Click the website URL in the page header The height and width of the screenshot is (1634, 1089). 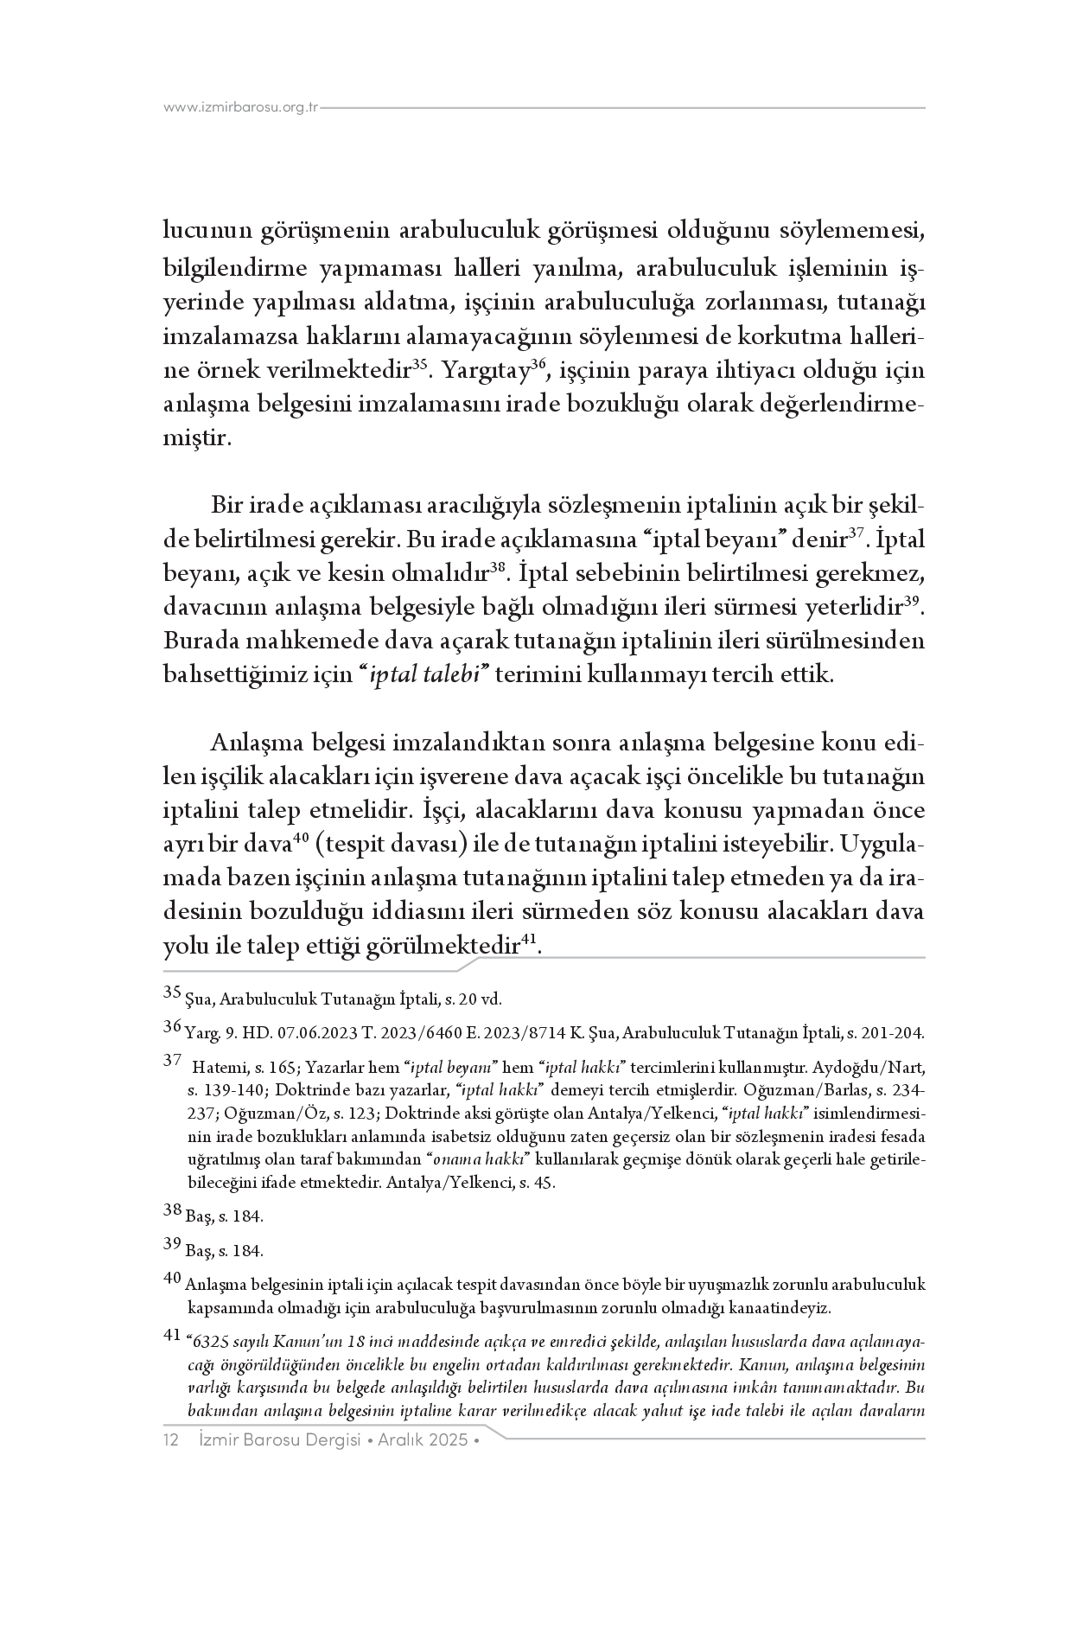coord(241,108)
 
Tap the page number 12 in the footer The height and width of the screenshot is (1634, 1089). coord(170,1440)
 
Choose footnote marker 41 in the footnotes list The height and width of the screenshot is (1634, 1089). coord(172,1337)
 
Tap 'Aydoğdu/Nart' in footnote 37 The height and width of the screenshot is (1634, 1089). coord(882,1069)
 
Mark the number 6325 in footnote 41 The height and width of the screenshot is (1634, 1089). coord(212,1343)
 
